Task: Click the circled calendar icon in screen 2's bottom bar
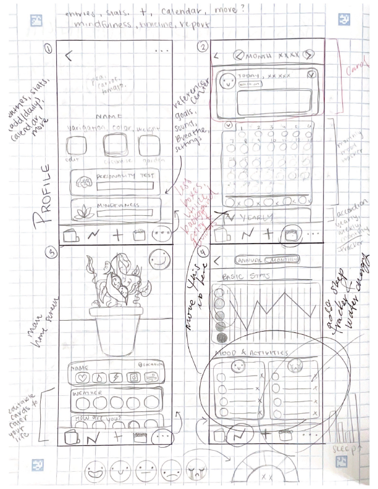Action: click(x=289, y=234)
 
